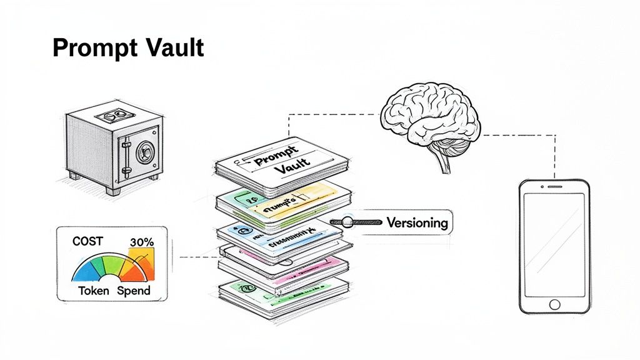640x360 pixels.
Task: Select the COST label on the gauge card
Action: click(x=87, y=241)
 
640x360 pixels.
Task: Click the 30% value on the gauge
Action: click(x=141, y=242)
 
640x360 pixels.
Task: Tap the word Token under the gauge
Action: click(x=94, y=291)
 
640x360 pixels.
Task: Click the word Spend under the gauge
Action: click(x=134, y=291)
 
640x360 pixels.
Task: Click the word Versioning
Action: click(x=417, y=222)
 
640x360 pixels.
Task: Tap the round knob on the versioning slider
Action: click(x=347, y=221)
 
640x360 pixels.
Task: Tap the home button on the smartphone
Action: click(x=554, y=304)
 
